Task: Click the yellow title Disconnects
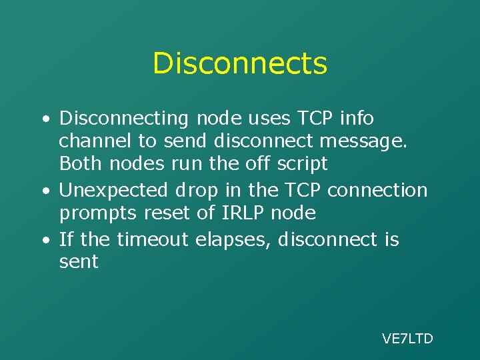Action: coord(240,64)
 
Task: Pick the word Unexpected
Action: coord(113,191)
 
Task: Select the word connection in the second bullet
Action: coord(377,191)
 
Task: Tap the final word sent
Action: coord(79,261)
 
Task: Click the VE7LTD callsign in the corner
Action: coord(407,339)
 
